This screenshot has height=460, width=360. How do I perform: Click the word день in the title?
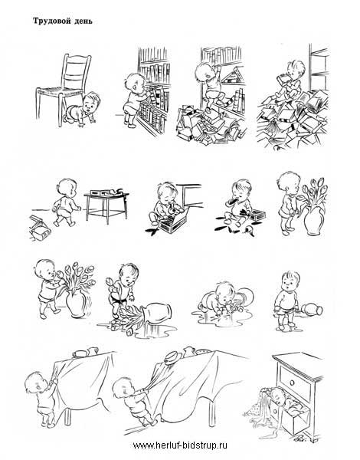pos(83,21)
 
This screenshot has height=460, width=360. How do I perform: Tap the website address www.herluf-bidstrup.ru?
pos(180,445)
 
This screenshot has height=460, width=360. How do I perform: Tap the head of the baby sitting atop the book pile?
pos(296,70)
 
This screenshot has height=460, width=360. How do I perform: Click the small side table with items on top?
pos(106,205)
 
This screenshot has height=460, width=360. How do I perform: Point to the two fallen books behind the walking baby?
pos(41,228)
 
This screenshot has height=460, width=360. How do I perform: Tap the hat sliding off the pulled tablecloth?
pos(172,357)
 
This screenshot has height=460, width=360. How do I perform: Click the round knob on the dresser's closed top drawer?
pos(292,383)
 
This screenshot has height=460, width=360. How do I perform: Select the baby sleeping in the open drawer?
pos(283,401)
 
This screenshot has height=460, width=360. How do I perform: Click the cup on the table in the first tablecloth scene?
pos(79,353)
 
